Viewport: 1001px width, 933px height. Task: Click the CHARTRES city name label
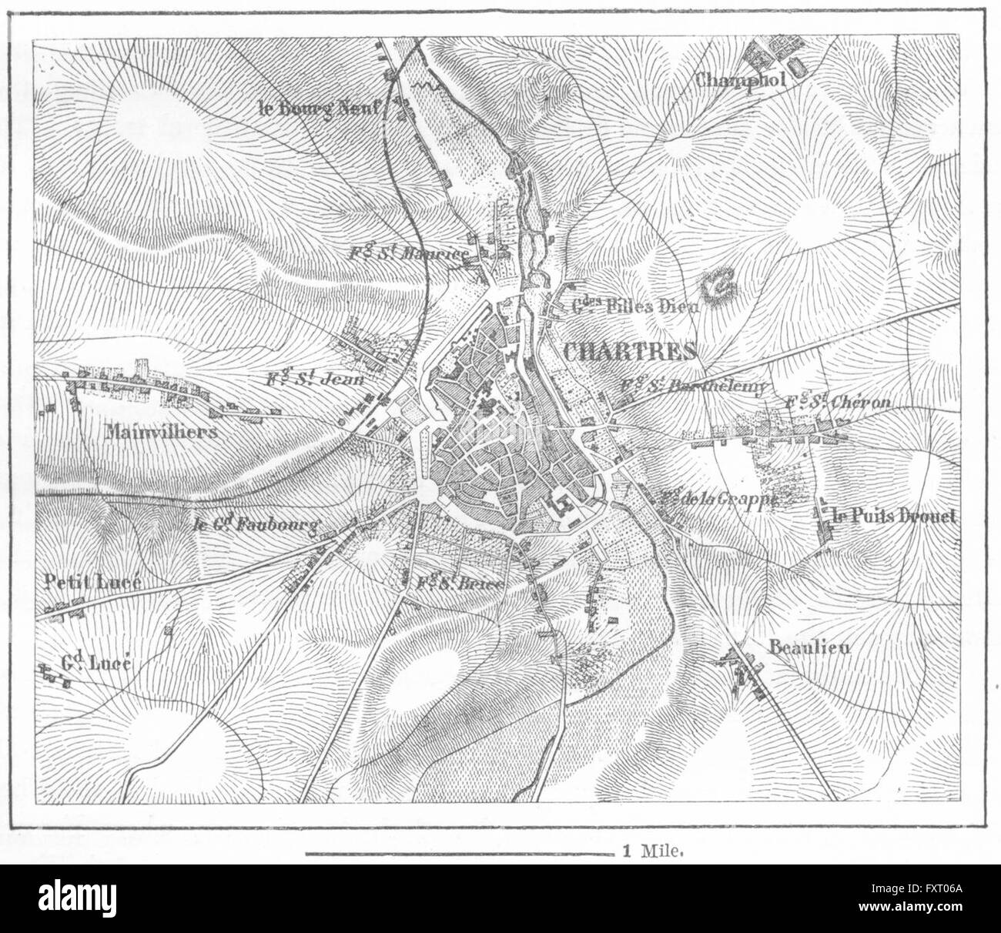click(630, 352)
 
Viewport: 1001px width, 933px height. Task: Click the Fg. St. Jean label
click(313, 379)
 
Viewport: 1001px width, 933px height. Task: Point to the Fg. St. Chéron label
click(838, 403)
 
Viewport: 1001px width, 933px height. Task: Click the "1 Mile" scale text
click(650, 852)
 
